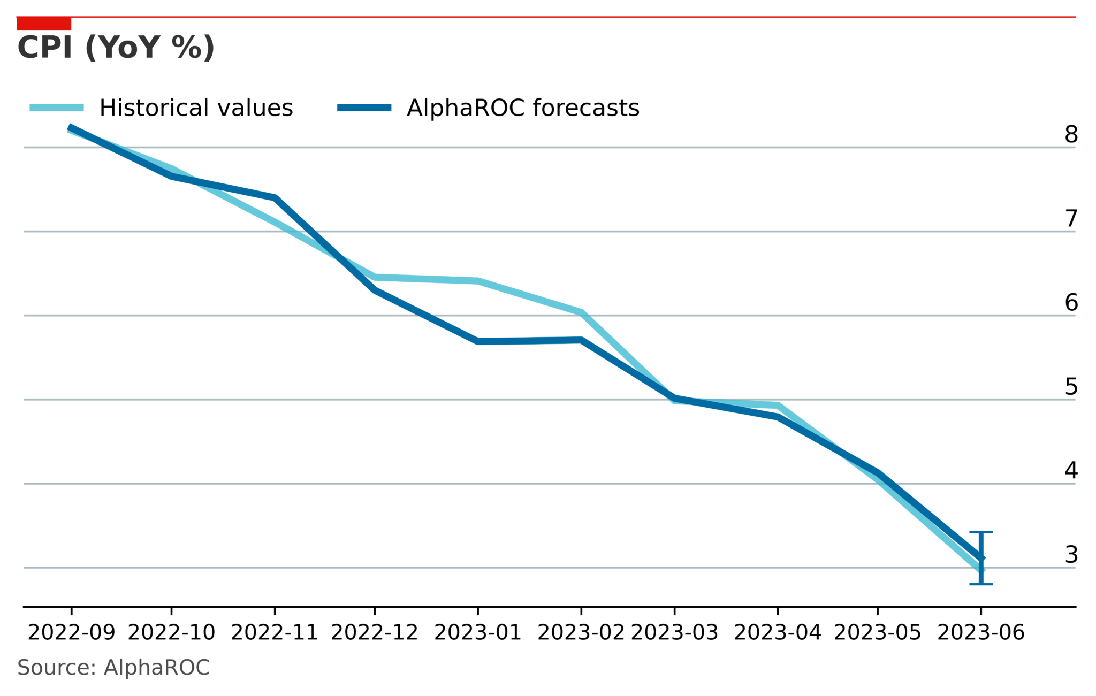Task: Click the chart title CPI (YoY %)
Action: (116, 48)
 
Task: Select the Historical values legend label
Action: (196, 108)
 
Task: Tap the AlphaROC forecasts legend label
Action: (523, 108)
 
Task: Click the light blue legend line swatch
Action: (57, 108)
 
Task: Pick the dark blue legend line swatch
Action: (364, 108)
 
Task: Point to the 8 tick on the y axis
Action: (1071, 135)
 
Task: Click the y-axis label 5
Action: (1071, 387)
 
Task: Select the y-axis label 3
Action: (1071, 555)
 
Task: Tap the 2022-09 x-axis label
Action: (71, 633)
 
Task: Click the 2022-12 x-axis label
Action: (374, 633)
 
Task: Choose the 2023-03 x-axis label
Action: (674, 633)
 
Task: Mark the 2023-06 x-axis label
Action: (980, 633)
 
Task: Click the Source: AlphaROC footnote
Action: (113, 668)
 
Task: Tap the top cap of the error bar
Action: (981, 532)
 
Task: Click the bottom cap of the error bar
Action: (981, 584)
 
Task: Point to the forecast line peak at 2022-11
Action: (275, 198)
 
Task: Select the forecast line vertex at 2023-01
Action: (478, 341)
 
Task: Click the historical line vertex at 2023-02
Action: (581, 312)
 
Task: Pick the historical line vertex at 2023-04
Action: (778, 405)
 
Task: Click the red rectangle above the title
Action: (44, 24)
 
